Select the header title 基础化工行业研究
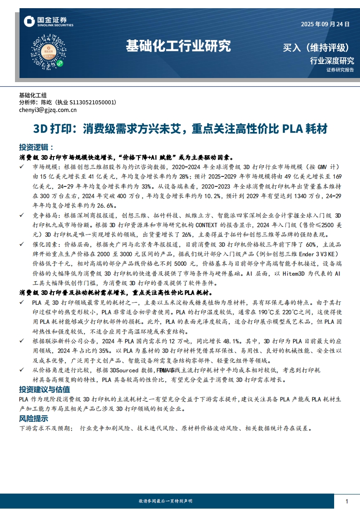tap(178, 46)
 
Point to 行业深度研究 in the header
tap(331, 60)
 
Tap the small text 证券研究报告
tap(340, 70)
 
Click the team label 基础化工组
tap(33, 95)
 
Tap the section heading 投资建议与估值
tap(44, 390)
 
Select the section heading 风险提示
tap(33, 418)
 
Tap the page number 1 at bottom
tap(347, 501)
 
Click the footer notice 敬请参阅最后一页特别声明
tap(165, 501)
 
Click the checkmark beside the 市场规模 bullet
tap(22, 167)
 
